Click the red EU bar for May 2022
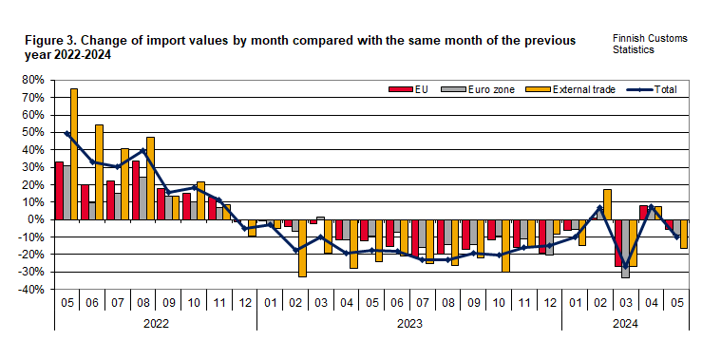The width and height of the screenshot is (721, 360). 58,190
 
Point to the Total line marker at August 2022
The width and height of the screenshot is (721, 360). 142,150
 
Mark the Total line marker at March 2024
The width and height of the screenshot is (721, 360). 624,266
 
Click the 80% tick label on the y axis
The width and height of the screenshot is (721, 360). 34,80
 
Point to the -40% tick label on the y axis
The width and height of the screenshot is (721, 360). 32,289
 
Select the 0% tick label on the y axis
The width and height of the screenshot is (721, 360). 39,219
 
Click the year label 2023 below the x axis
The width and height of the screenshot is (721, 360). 408,324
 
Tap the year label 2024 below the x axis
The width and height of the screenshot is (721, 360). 624,324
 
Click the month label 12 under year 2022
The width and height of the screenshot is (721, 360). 244,305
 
